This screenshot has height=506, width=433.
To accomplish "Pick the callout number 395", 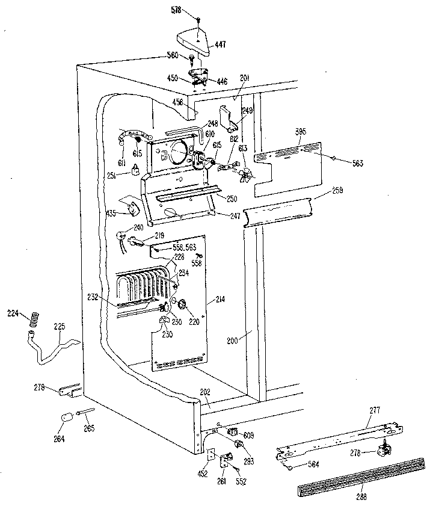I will coord(301,132).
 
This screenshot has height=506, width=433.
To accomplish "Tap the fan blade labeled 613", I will coord(245,175).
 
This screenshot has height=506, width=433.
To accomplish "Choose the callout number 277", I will coord(375,411).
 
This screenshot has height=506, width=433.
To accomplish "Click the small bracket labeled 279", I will coord(70,390).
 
